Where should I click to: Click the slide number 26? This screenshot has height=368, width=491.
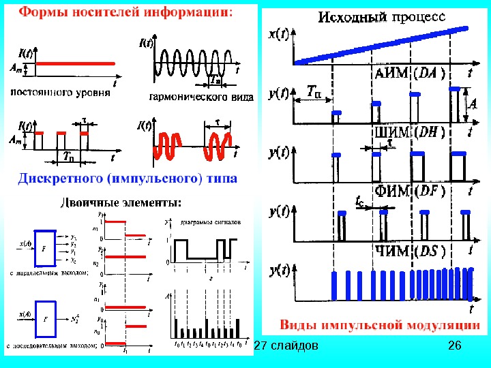[x=455, y=347]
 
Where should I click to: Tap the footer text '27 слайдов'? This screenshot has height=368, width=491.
[x=286, y=347]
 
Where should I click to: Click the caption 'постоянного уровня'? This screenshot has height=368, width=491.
[x=61, y=91]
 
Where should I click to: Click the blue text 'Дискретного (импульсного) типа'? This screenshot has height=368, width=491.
[x=127, y=179]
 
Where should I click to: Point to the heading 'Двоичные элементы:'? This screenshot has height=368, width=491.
[x=122, y=202]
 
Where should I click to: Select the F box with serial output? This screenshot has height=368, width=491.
[x=45, y=318]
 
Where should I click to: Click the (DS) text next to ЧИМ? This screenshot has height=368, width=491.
[x=429, y=250]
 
